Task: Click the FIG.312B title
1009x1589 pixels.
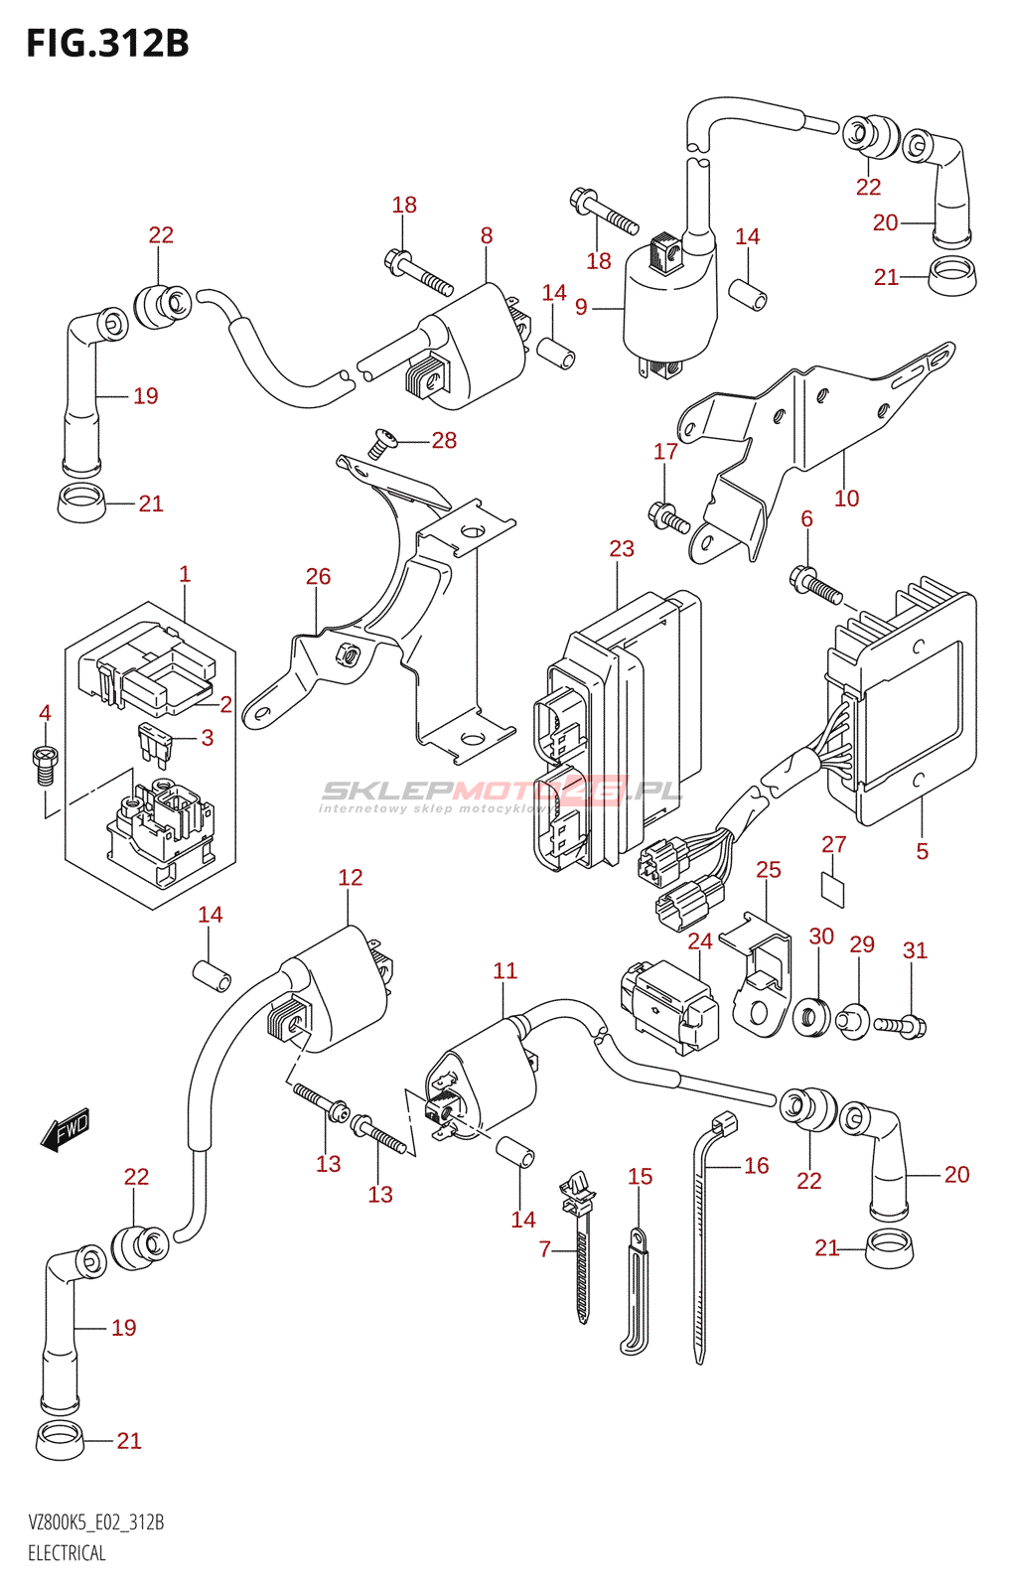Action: pyautogui.click(x=107, y=44)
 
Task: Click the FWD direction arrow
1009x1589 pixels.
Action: pyautogui.click(x=67, y=1130)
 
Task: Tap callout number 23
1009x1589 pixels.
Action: pyautogui.click(x=622, y=548)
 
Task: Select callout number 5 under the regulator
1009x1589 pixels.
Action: pyautogui.click(x=923, y=851)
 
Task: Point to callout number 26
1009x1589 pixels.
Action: pyautogui.click(x=318, y=576)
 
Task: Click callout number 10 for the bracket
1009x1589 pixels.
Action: pyautogui.click(x=846, y=498)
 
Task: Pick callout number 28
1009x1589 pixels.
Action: pyautogui.click(x=444, y=440)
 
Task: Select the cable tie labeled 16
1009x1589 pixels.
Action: pyautogui.click(x=704, y=1241)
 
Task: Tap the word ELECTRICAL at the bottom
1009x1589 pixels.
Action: pyautogui.click(x=67, y=1553)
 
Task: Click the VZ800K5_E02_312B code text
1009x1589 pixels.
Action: pyautogui.click(x=96, y=1522)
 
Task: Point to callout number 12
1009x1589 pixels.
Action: pyautogui.click(x=351, y=877)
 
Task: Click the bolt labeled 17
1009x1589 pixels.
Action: pyautogui.click(x=667, y=516)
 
